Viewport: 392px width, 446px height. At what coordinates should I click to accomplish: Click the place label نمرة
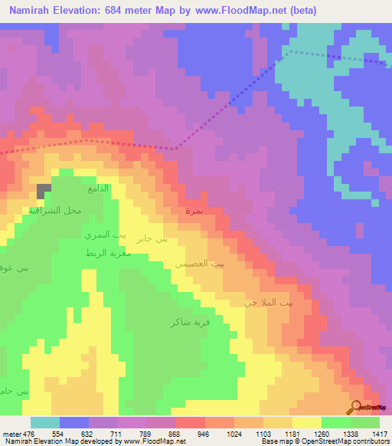(194, 209)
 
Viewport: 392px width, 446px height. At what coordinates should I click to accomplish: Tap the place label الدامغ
(100, 188)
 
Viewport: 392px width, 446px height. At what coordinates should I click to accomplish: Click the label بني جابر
(151, 240)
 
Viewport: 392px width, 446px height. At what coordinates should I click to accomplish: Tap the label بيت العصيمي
(200, 264)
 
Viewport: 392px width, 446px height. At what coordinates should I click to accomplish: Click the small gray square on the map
(44, 189)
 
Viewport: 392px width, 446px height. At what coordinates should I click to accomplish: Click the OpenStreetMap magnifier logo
(355, 407)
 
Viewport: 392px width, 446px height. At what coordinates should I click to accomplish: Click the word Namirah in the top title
(30, 11)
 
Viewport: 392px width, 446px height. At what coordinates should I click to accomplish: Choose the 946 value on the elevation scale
(204, 433)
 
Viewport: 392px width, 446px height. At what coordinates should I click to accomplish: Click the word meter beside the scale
(11, 433)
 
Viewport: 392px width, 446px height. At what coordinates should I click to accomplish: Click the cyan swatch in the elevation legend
(45, 422)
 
